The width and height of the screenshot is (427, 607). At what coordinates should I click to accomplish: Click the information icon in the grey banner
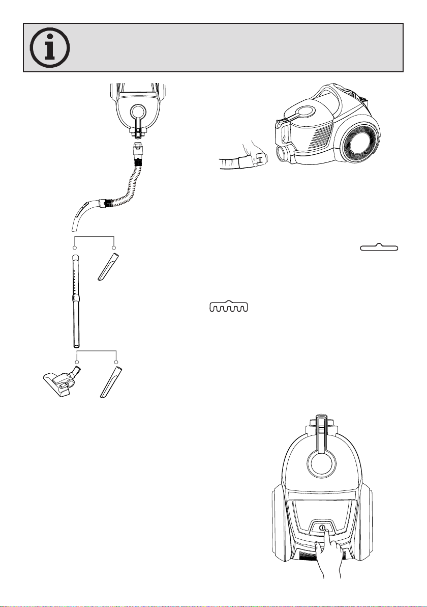coord(50,47)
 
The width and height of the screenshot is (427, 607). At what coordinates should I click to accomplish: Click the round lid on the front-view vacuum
coord(322,458)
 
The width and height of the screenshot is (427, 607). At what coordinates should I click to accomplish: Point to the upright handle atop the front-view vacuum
coord(322,433)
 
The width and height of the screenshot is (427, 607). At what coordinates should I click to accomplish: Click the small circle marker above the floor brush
coord(77,362)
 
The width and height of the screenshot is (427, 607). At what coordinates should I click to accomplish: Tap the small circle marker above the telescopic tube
coord(75,248)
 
